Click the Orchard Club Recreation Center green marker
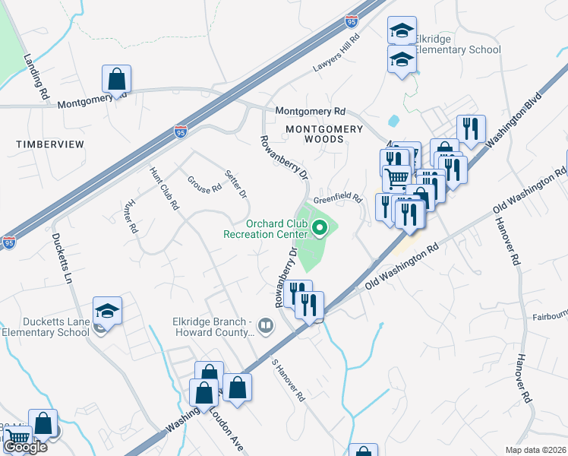point(320,226)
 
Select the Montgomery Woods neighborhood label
point(324,134)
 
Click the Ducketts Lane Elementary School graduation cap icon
point(108,311)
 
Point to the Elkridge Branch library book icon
point(266,327)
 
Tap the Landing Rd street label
point(36,77)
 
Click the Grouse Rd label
point(204,183)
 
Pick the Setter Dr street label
point(238,183)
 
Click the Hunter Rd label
point(130,217)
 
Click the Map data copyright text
point(536,450)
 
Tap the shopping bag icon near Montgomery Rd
point(117,78)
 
